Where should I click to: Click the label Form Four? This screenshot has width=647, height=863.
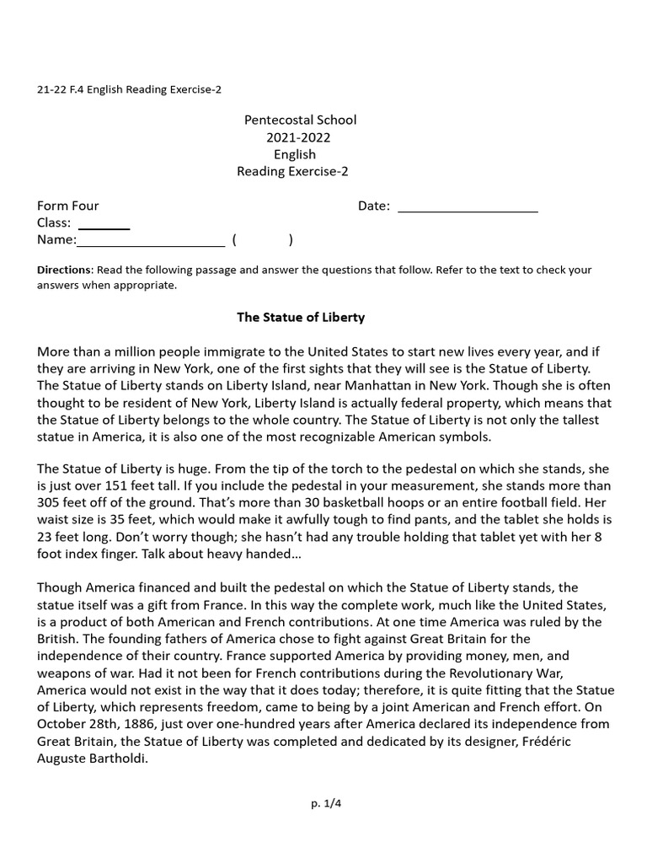(67, 206)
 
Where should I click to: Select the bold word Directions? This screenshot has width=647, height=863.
(63, 271)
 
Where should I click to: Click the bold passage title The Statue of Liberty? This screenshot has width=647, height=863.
(300, 318)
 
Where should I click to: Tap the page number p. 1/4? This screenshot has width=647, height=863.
(326, 803)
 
